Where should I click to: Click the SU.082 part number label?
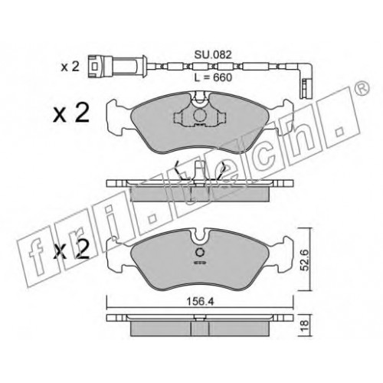(x=213, y=54)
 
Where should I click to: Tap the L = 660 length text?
(x=213, y=77)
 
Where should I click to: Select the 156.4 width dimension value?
(x=200, y=302)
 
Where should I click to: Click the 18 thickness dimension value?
(x=306, y=326)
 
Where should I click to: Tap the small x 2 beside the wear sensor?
(x=70, y=67)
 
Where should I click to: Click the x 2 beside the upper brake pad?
(x=71, y=114)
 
